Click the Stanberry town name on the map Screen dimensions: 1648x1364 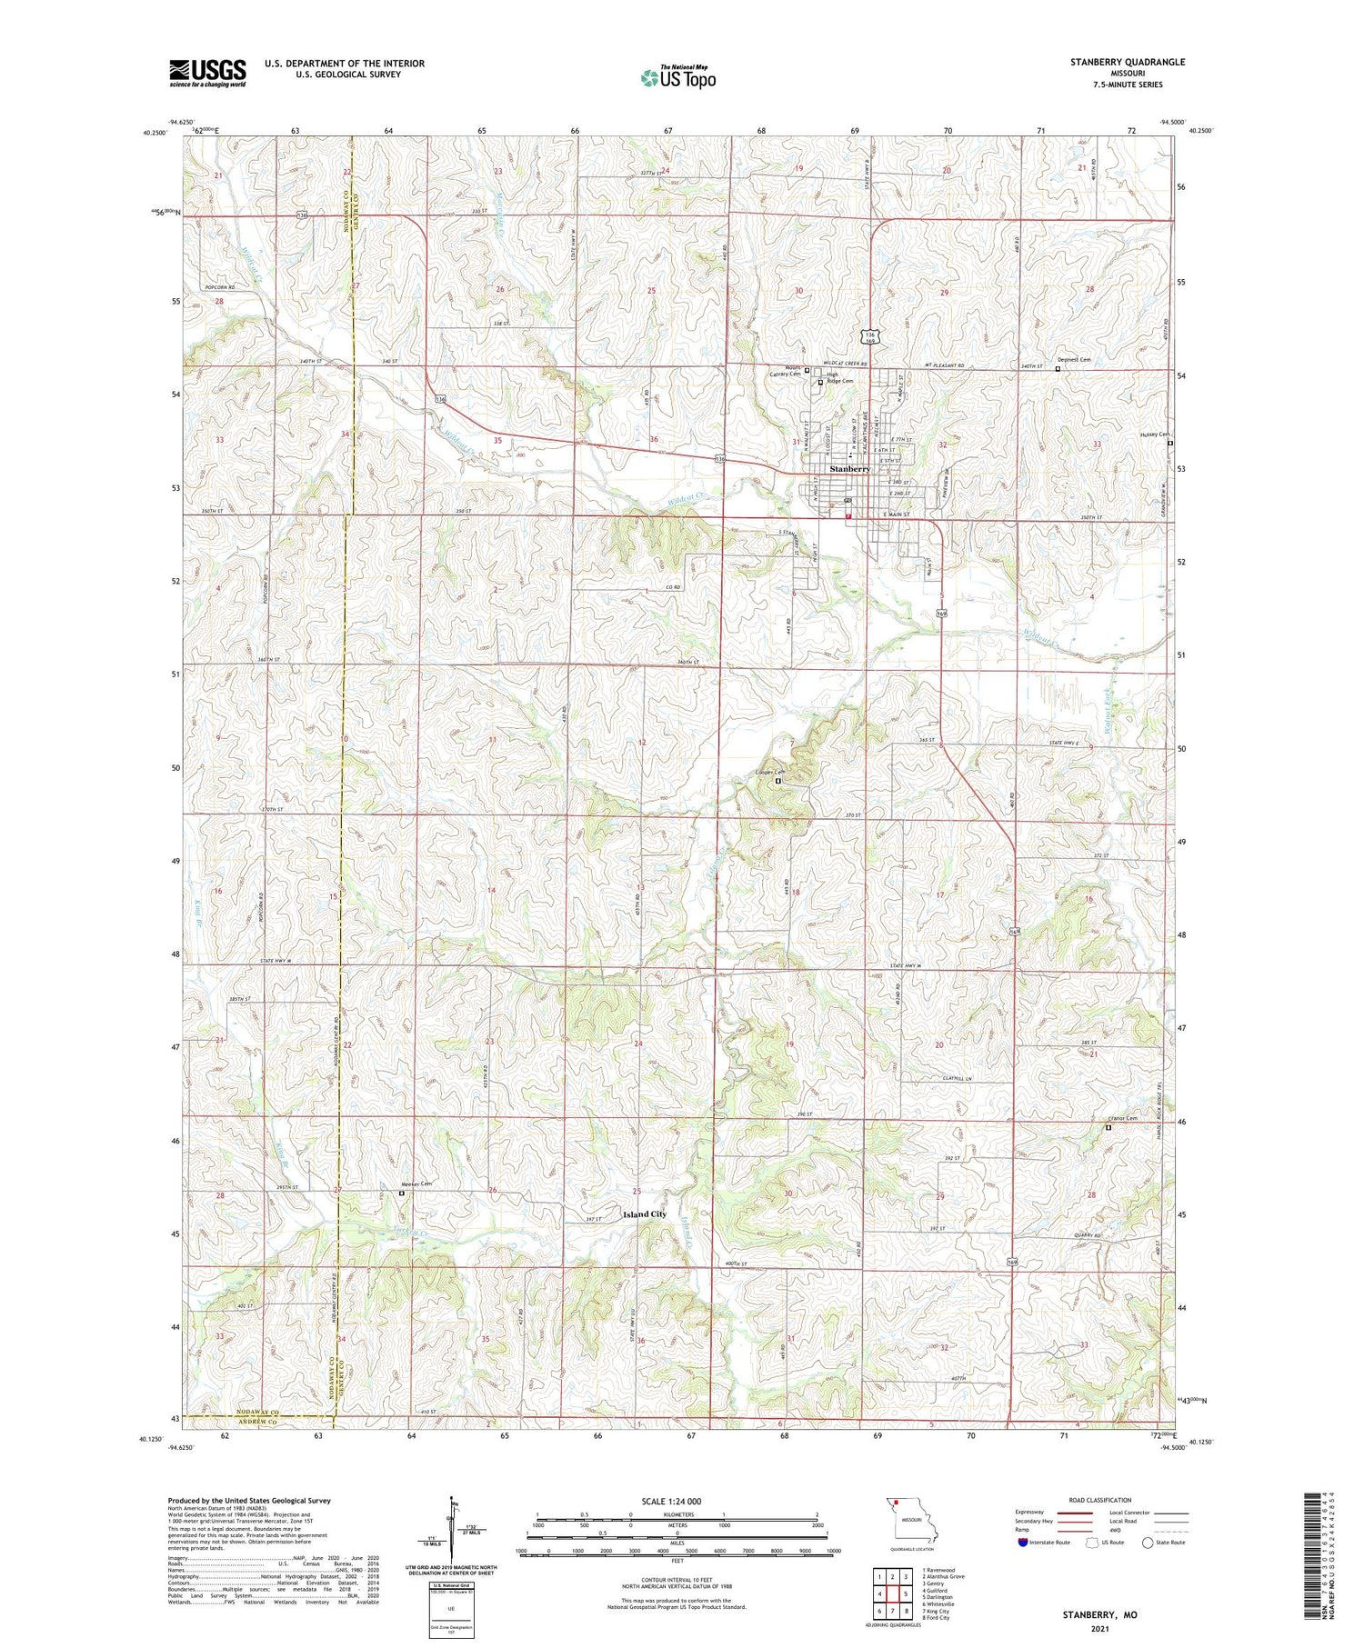849,469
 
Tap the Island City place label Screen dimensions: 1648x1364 644,1214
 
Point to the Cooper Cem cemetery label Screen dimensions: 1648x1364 769,773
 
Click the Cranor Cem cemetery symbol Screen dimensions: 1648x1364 1108,1128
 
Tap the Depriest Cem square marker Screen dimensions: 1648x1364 1057,369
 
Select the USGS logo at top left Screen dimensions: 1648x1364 207,73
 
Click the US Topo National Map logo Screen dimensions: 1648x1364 677,77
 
